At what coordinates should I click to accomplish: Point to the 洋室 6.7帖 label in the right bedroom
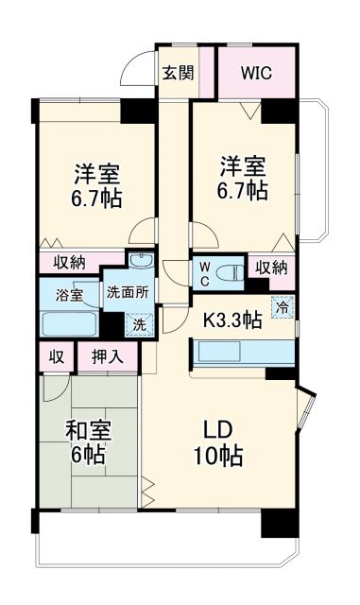[x=243, y=176]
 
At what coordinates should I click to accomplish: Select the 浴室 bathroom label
[x=68, y=294]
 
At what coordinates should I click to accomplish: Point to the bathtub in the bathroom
[x=71, y=323]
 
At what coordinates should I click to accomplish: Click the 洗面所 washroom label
[x=125, y=292]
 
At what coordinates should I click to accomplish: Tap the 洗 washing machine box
[x=139, y=323]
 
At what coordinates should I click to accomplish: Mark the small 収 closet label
[x=57, y=357]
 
